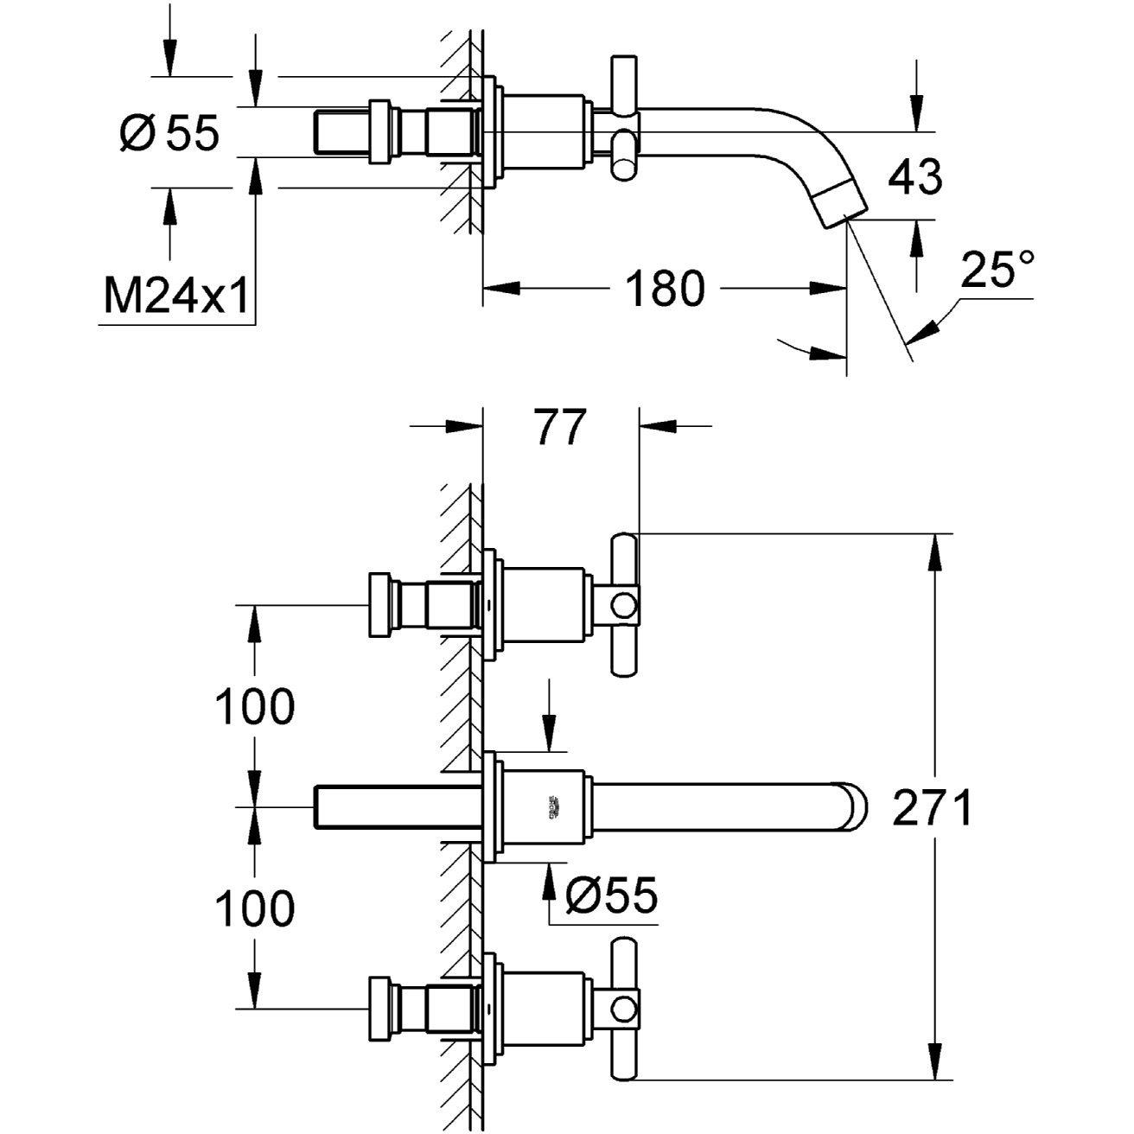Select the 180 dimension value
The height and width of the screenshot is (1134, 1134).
click(x=664, y=288)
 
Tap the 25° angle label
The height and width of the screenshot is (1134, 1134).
click(x=998, y=270)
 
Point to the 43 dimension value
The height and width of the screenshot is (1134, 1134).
click(x=915, y=177)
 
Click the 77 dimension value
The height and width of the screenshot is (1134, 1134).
click(x=560, y=427)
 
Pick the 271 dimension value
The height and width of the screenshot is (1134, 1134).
click(x=932, y=809)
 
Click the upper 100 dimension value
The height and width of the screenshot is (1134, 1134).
click(x=254, y=707)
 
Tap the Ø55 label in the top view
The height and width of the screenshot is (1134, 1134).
click(x=169, y=134)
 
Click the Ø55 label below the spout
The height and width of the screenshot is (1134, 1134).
click(x=611, y=895)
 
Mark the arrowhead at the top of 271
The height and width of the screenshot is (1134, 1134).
click(x=933, y=551)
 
